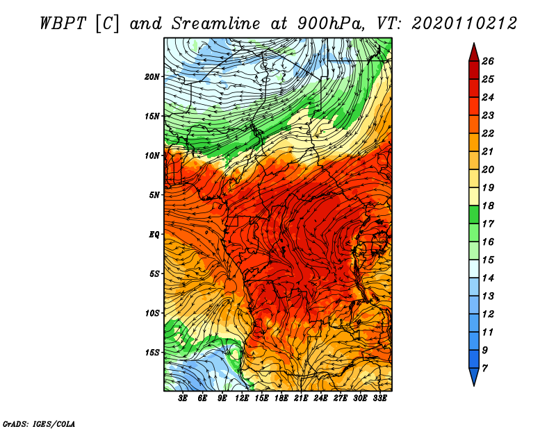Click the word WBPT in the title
click(x=63, y=24)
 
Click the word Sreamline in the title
click(x=215, y=24)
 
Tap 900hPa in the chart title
click(x=331, y=24)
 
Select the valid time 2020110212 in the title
click(x=464, y=24)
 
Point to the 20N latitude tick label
click(x=152, y=77)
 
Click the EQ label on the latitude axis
click(x=154, y=235)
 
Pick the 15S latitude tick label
click(x=152, y=353)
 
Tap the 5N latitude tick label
click(x=154, y=195)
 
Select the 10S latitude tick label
click(x=152, y=313)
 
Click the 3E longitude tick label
click(x=183, y=398)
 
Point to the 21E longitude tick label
click(x=301, y=398)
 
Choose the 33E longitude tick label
click(x=379, y=398)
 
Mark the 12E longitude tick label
click(x=241, y=398)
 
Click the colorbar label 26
click(x=488, y=61)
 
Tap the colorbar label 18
click(x=488, y=205)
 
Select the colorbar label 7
click(x=484, y=369)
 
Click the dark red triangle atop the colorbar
click(x=474, y=54)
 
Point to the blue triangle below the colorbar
click(x=474, y=376)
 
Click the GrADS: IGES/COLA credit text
click(x=39, y=424)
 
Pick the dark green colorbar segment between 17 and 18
click(x=474, y=214)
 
